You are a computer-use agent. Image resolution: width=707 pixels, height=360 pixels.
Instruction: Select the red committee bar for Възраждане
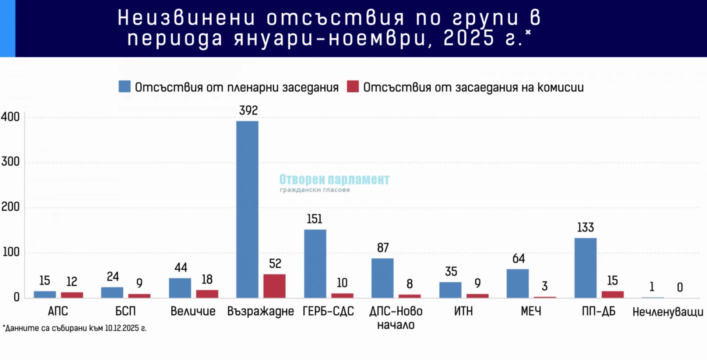pos(274,286)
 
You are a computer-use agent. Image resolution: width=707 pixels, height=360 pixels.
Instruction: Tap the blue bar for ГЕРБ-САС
pos(315,264)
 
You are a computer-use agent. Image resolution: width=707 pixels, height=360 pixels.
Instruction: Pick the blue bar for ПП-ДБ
pos(585,268)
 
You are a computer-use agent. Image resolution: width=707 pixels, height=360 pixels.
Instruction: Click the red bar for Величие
pos(207,294)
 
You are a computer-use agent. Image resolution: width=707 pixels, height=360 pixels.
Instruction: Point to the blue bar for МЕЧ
pos(517,283)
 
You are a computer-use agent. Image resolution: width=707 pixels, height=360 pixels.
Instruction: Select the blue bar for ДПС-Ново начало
pos(382,278)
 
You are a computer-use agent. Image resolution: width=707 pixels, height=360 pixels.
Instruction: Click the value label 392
pos(249,110)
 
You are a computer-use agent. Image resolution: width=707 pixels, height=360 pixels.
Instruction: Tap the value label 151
pos(314,219)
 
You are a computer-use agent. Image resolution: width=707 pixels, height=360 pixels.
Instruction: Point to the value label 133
pos(585,227)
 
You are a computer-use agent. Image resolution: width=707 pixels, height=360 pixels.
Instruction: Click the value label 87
pos(383,248)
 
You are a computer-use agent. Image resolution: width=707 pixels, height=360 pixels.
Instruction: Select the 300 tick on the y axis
pos(10,162)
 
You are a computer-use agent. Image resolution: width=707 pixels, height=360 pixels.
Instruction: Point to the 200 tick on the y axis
pos(10,207)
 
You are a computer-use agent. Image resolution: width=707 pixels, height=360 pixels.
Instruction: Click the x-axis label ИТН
pos(463,311)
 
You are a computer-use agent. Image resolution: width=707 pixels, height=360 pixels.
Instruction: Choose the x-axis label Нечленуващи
pos(668,312)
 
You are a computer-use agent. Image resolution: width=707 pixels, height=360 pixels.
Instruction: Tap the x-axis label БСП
pos(126,311)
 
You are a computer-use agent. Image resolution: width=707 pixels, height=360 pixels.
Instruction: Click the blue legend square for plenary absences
pos(124,87)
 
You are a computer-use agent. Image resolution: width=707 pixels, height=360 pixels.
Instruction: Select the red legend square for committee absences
pos(353,87)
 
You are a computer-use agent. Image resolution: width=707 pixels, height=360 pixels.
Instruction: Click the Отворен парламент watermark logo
pos(334,183)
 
